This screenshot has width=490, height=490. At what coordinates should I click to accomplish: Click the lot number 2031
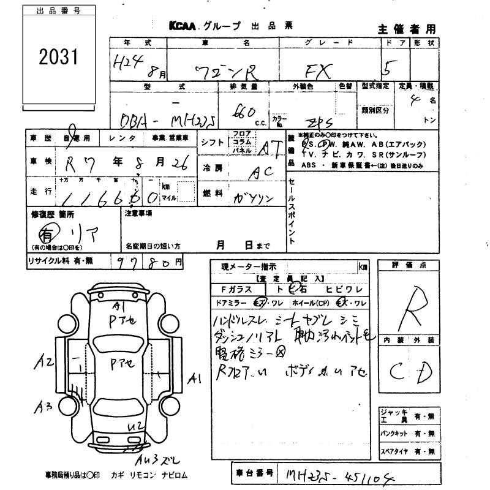click(x=59, y=58)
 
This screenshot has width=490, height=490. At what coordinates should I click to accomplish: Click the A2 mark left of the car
click(x=43, y=362)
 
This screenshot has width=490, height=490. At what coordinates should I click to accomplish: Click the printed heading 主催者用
click(x=406, y=28)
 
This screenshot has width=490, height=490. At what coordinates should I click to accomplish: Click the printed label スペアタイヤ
click(x=393, y=451)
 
